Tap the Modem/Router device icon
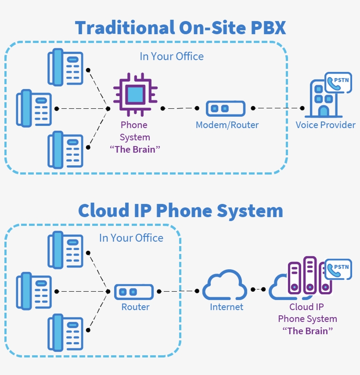point(226,108)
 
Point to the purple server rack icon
point(310,275)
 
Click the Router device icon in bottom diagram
point(134,292)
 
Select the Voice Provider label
point(325,125)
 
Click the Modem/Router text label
point(227,125)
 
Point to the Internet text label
point(227,307)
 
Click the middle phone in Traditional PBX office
point(34,108)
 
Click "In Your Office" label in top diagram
point(172,57)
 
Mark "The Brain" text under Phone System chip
point(135,149)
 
